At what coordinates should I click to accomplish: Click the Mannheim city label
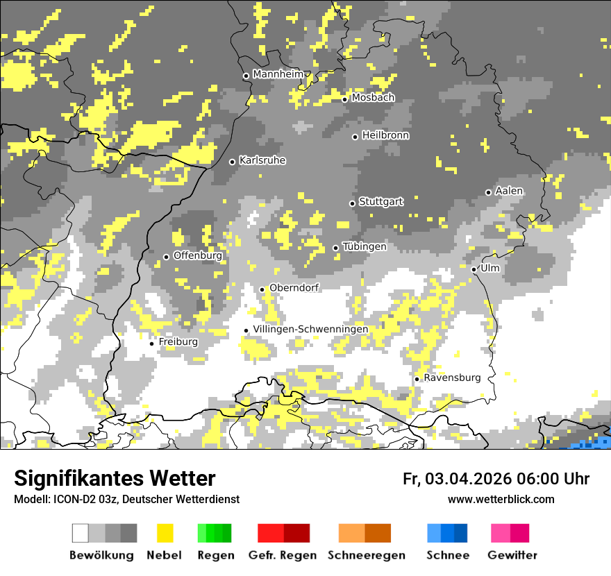pyautogui.click(x=278, y=74)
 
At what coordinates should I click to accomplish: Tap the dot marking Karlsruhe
pyautogui.click(x=233, y=162)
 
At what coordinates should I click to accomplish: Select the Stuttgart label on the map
pyautogui.click(x=381, y=202)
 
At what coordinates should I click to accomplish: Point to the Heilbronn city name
pyautogui.click(x=385, y=135)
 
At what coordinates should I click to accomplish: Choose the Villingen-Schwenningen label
pyautogui.click(x=310, y=329)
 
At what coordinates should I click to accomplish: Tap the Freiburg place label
pyautogui.click(x=178, y=342)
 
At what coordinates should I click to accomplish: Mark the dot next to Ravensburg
pyautogui.click(x=417, y=379)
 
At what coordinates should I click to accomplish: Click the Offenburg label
pyautogui.click(x=197, y=255)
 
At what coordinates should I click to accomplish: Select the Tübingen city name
pyautogui.click(x=365, y=246)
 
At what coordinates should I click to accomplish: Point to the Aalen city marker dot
pyautogui.click(x=488, y=192)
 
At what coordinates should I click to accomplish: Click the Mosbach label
pyautogui.click(x=373, y=98)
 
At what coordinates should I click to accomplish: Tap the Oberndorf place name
pyautogui.click(x=294, y=288)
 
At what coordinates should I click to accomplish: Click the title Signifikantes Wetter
pyautogui.click(x=115, y=478)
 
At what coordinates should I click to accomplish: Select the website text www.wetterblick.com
pyautogui.click(x=501, y=499)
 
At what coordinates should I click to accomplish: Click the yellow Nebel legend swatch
pyautogui.click(x=165, y=533)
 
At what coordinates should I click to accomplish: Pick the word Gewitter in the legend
pyautogui.click(x=512, y=555)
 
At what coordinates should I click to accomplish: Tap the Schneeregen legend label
pyautogui.click(x=366, y=555)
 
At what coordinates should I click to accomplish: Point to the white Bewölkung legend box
pyautogui.click(x=81, y=533)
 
